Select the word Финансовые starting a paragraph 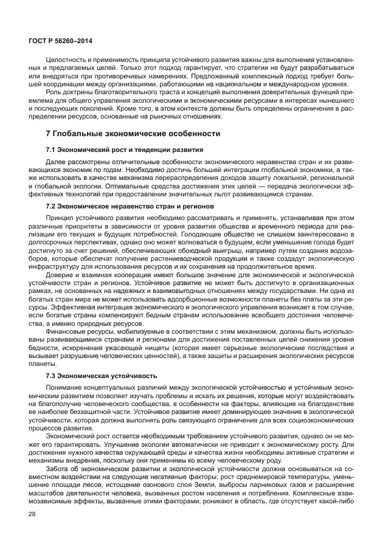coord(66,333)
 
